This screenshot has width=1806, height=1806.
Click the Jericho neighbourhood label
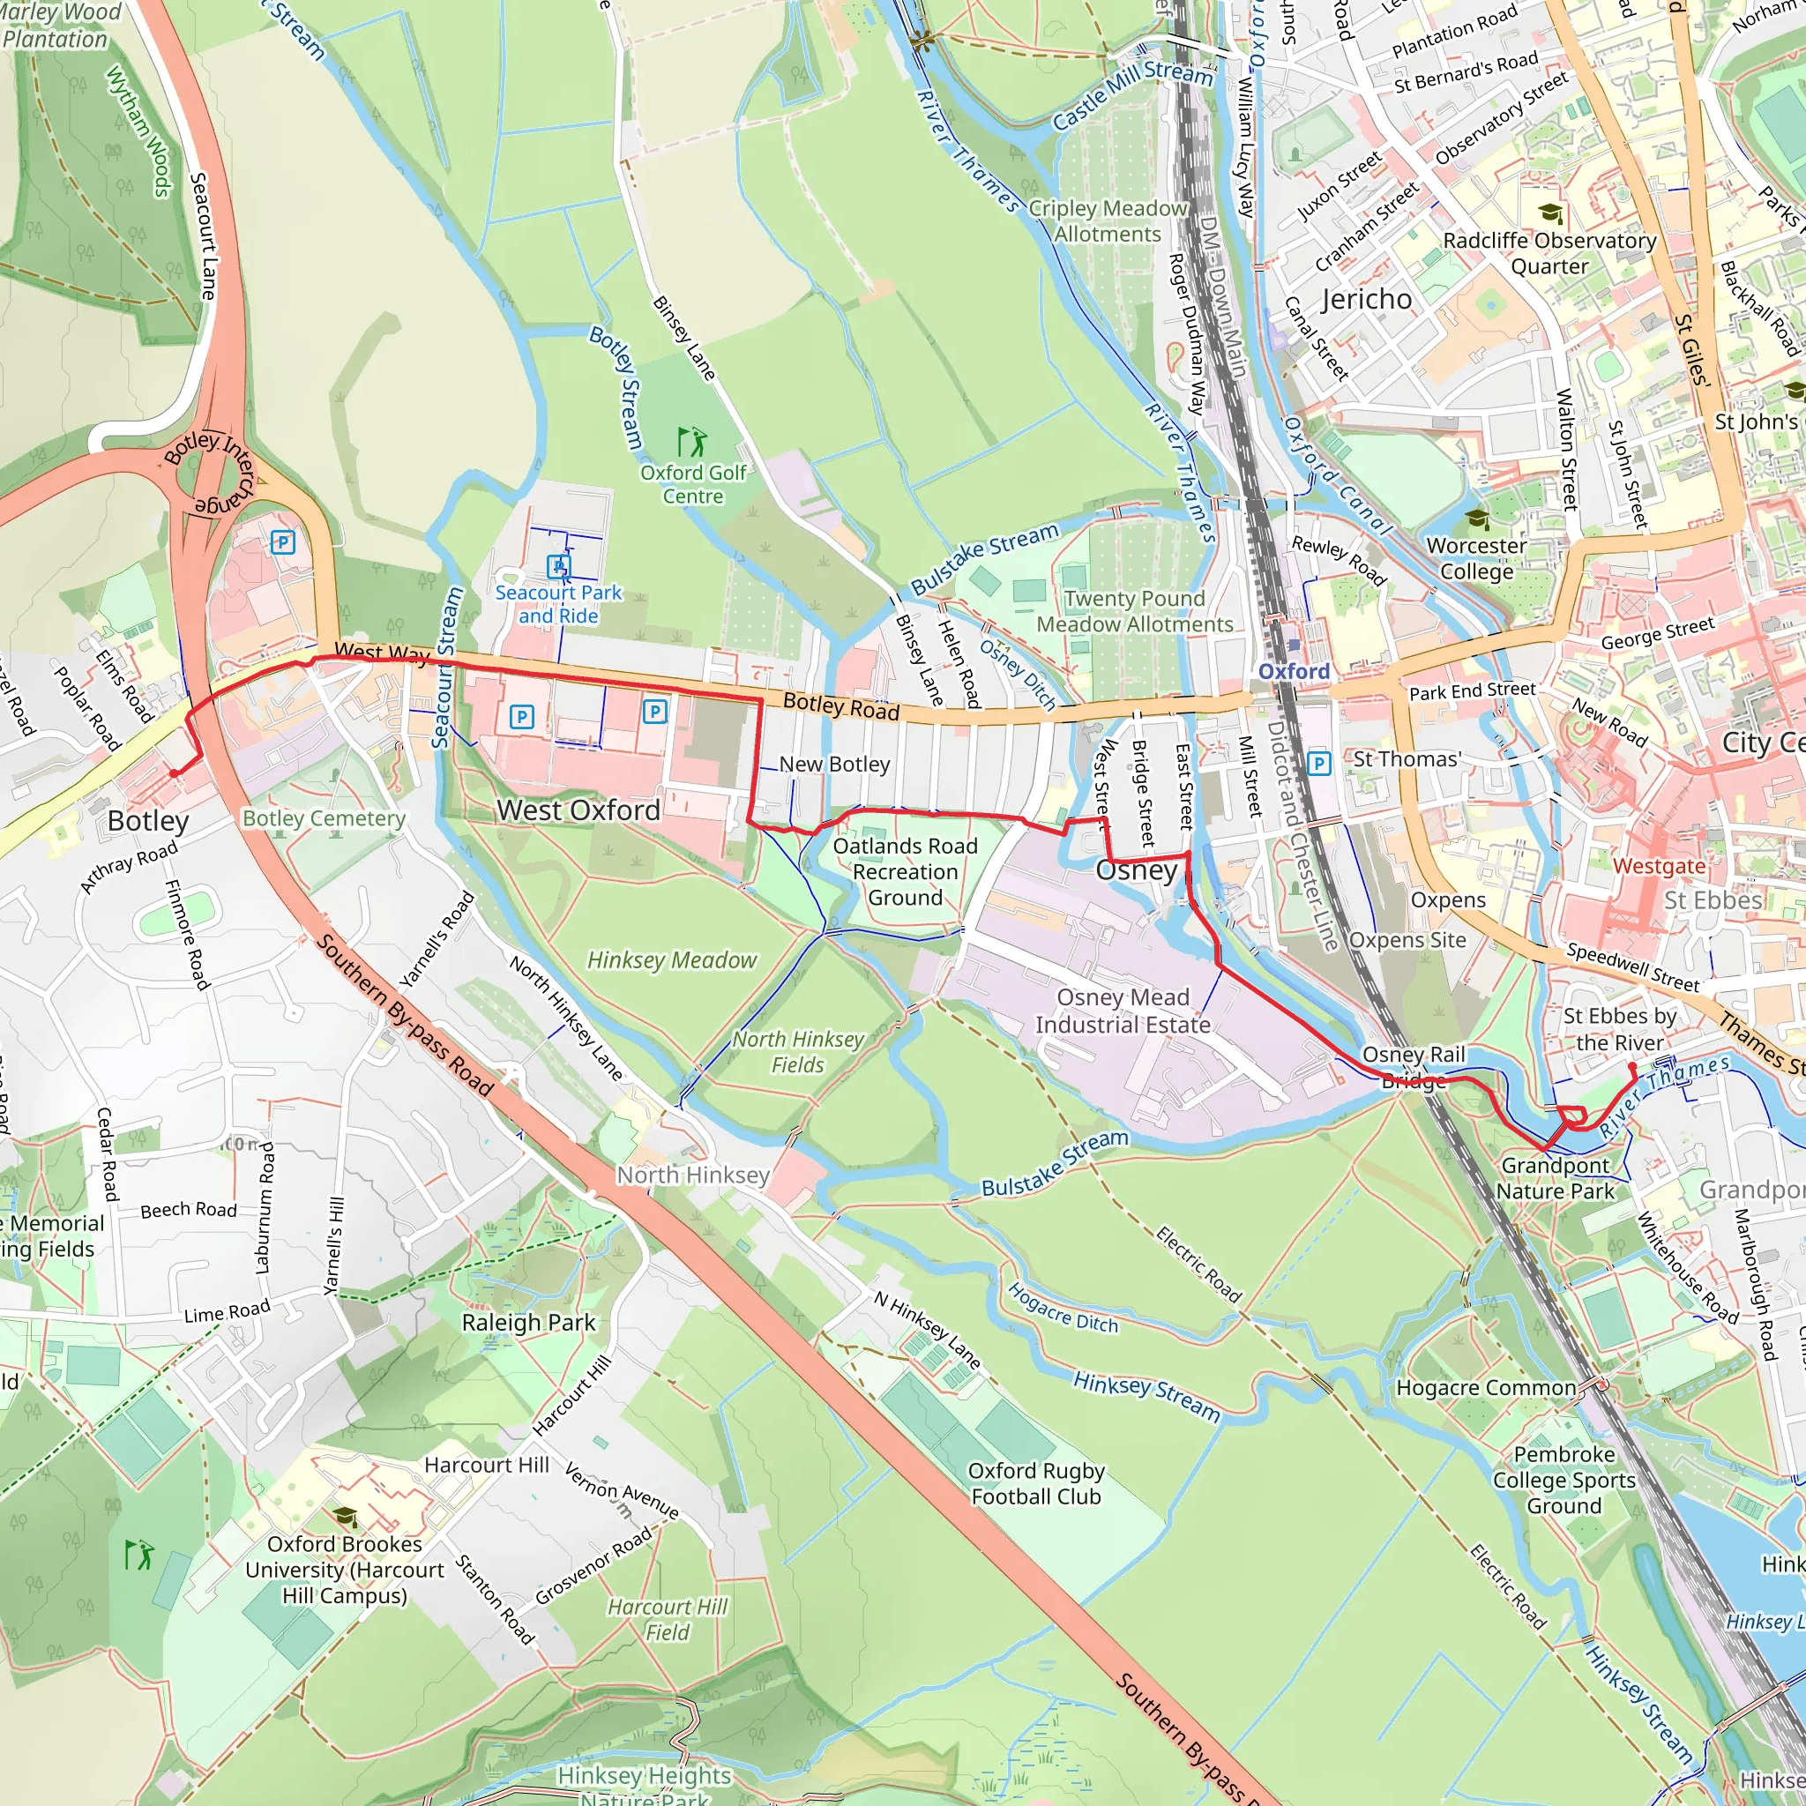tap(1366, 299)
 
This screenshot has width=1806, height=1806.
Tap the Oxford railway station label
tap(1294, 671)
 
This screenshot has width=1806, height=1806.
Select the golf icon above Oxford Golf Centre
tap(691, 441)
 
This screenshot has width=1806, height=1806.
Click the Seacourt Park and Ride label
tap(558, 604)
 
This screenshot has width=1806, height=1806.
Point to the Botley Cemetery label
tap(324, 818)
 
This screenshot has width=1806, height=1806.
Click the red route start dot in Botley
tap(174, 773)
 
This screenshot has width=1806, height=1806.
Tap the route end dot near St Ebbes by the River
tap(1632, 1065)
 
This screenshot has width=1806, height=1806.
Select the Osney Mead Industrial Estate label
tap(1123, 1011)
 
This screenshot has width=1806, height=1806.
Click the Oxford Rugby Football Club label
tap(1036, 1483)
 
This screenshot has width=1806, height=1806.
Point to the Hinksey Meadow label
tap(671, 960)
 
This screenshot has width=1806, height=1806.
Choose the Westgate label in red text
tap(1660, 866)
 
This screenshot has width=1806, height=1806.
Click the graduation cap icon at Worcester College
tap(1477, 518)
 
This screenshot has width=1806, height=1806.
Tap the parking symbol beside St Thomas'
tap(1318, 764)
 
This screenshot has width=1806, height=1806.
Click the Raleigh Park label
tap(528, 1322)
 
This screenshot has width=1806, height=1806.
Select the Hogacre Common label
tap(1486, 1388)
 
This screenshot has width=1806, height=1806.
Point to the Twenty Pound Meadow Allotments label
tap(1134, 611)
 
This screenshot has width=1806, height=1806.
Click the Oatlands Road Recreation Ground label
tap(905, 871)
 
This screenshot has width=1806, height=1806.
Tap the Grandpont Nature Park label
tap(1555, 1178)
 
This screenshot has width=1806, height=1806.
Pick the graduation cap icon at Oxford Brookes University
tap(345, 1515)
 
